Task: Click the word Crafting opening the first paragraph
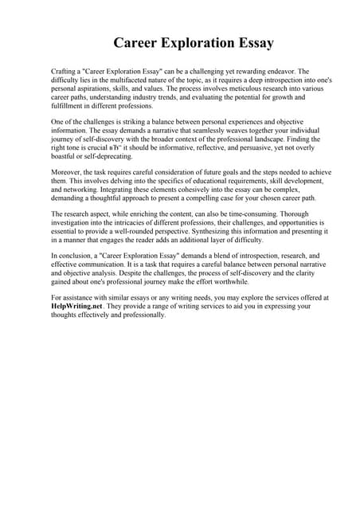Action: pyautogui.click(x=65, y=71)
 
